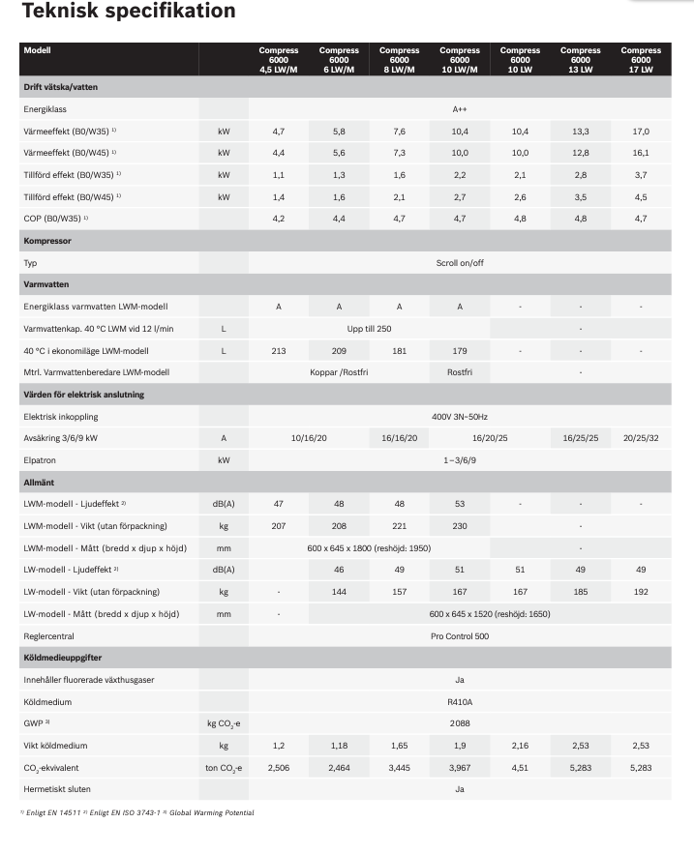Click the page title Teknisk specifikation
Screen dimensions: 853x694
(128, 12)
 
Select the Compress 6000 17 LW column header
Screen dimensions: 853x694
(641, 60)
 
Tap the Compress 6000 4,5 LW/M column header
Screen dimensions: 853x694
(279, 60)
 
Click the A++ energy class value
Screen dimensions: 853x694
(460, 109)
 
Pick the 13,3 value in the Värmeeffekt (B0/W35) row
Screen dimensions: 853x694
(580, 132)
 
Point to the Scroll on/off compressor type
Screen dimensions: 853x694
(460, 262)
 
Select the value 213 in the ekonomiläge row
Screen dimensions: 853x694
(279, 350)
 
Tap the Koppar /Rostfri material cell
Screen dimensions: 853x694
(339, 372)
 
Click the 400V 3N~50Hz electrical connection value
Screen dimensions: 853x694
(460, 416)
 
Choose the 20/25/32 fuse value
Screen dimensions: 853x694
(641, 438)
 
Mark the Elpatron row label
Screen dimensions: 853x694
(42, 460)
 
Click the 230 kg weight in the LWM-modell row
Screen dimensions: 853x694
(460, 526)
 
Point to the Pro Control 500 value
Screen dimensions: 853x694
(460, 636)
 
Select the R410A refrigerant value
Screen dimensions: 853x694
(460, 702)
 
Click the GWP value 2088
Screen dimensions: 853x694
(460, 723)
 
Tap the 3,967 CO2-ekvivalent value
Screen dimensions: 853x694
(460, 768)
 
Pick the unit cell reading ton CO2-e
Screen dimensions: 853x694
(224, 768)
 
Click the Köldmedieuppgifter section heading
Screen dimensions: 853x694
(64, 658)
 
